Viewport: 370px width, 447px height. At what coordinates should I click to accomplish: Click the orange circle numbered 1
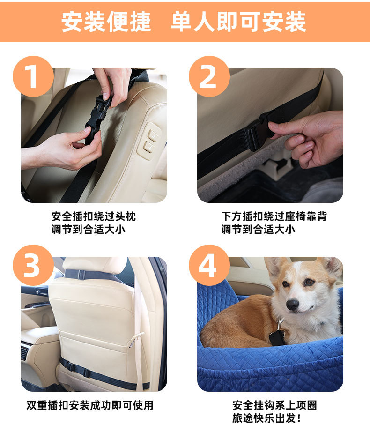pos(33,76)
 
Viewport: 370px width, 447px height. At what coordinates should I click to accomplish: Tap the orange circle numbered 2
pos(209,76)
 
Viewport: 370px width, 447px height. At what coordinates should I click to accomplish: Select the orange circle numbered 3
pos(33,265)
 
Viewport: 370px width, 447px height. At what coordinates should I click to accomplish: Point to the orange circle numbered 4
pos(209,265)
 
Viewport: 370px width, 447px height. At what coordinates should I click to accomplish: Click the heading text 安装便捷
pos(106,22)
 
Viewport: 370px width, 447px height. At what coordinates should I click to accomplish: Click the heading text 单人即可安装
pos(239,22)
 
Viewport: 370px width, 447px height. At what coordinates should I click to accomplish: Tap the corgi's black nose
pos(292,305)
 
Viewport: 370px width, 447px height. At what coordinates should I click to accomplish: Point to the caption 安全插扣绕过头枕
pos(94,216)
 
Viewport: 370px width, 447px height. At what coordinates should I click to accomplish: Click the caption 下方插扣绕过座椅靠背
pos(274,216)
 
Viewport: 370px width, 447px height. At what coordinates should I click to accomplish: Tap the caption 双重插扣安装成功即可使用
pos(90,405)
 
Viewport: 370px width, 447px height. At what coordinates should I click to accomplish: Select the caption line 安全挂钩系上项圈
pos(274,405)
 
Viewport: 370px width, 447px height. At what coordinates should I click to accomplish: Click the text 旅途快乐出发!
pos(266,418)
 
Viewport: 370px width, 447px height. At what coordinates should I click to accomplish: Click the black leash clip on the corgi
pos(276,334)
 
